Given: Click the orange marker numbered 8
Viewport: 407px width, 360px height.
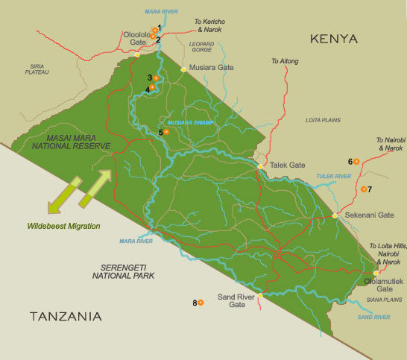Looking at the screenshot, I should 201,302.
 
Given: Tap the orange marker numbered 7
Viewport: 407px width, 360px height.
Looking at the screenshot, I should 363,189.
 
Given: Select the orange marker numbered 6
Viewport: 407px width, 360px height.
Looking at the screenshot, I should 356,161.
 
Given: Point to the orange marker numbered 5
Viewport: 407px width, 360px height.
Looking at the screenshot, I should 166,132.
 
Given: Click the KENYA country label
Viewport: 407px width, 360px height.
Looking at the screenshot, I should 334,39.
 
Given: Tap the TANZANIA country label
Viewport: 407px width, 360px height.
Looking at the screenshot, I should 66,317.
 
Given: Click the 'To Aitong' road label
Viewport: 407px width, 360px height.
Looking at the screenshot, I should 284,60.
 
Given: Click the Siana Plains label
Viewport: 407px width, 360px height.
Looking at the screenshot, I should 385,300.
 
